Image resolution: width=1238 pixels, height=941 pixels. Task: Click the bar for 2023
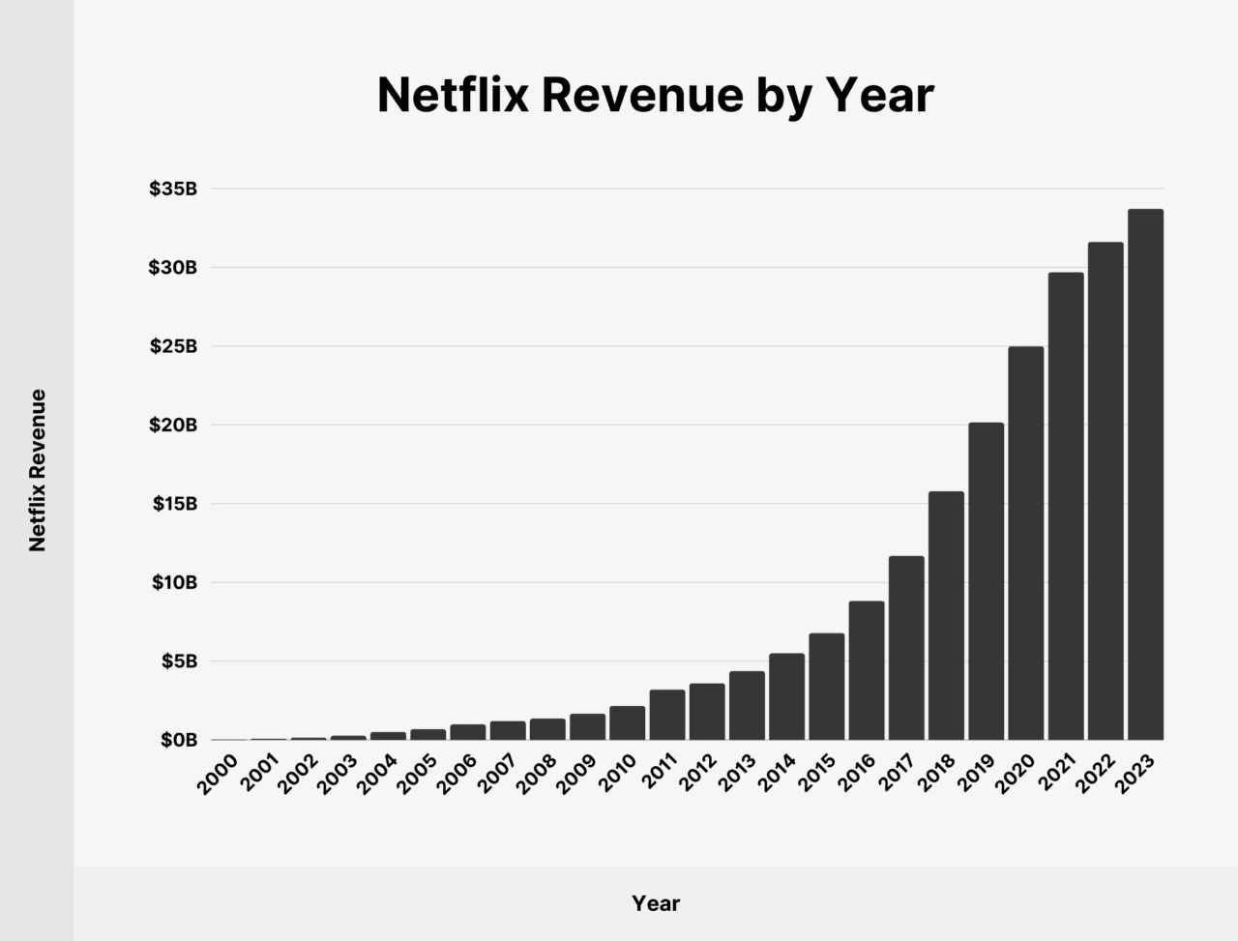click(x=1145, y=474)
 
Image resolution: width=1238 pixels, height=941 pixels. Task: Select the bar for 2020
click(x=1025, y=543)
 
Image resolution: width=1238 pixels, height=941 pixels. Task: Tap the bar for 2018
click(x=946, y=615)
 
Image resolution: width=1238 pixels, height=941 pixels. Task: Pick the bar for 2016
click(x=867, y=670)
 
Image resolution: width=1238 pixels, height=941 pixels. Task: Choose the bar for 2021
click(x=1066, y=506)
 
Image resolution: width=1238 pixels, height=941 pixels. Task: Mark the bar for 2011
click(x=667, y=715)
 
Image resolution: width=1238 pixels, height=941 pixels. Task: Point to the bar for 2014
click(x=786, y=696)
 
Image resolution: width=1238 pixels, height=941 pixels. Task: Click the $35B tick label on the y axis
click(x=173, y=190)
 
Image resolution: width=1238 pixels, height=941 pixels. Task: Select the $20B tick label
click(x=173, y=426)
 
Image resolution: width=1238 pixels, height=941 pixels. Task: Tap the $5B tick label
click(x=178, y=662)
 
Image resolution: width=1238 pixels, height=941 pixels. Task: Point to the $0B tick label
click(x=178, y=740)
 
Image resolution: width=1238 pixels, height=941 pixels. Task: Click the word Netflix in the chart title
click(x=451, y=96)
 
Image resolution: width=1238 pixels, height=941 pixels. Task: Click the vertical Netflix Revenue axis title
click(x=38, y=470)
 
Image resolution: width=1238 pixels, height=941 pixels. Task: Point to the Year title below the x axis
click(x=656, y=903)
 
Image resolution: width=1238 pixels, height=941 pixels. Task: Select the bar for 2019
click(x=986, y=581)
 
